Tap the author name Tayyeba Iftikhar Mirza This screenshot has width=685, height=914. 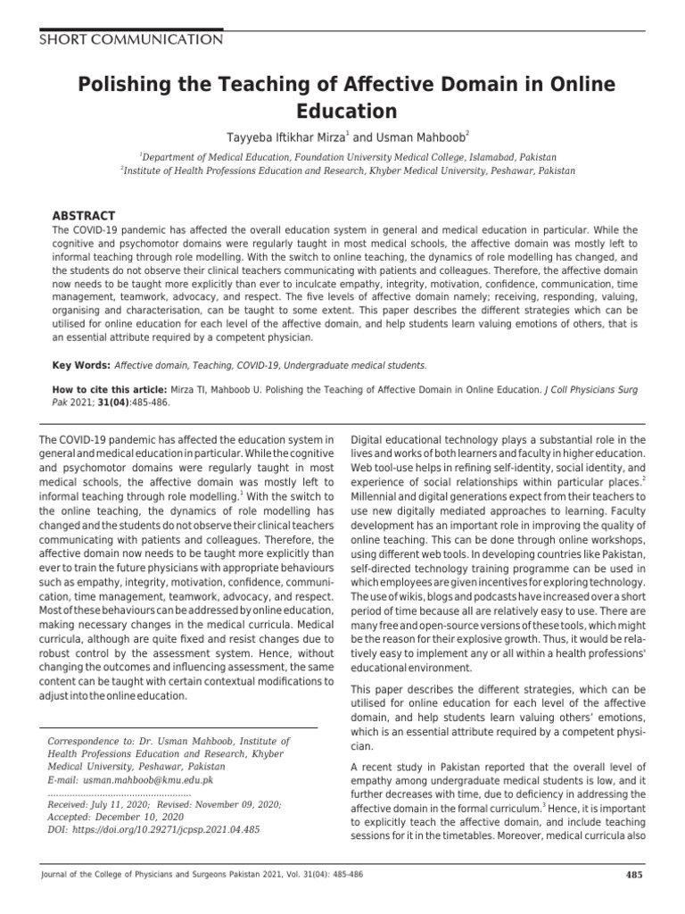(280, 137)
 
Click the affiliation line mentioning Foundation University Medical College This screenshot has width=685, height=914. (343, 154)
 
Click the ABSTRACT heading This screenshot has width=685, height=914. (84, 216)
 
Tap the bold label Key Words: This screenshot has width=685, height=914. (81, 366)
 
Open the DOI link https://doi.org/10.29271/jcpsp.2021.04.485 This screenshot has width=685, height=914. (153, 829)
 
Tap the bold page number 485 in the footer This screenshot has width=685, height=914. (634, 874)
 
